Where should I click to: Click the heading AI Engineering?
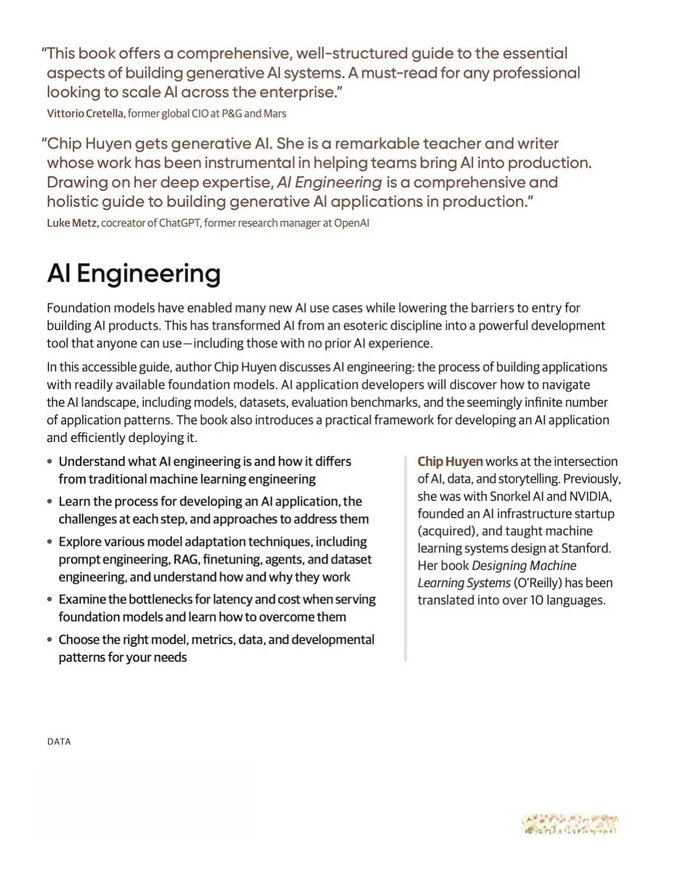click(x=134, y=273)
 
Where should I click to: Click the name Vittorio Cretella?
click(x=86, y=113)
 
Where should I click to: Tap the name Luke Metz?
click(x=72, y=223)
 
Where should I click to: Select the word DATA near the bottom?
click(x=59, y=742)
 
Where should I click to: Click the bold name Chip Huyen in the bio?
click(x=450, y=461)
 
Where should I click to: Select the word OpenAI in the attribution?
click(x=351, y=223)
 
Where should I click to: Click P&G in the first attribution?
click(x=232, y=113)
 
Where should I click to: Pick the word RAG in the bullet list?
click(x=185, y=559)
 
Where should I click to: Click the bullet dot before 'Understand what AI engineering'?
click(x=50, y=462)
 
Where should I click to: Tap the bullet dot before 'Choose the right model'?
click(x=50, y=640)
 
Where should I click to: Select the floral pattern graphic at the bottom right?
click(x=570, y=824)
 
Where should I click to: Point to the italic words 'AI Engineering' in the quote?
click(x=330, y=182)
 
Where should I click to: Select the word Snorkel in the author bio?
click(x=511, y=496)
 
